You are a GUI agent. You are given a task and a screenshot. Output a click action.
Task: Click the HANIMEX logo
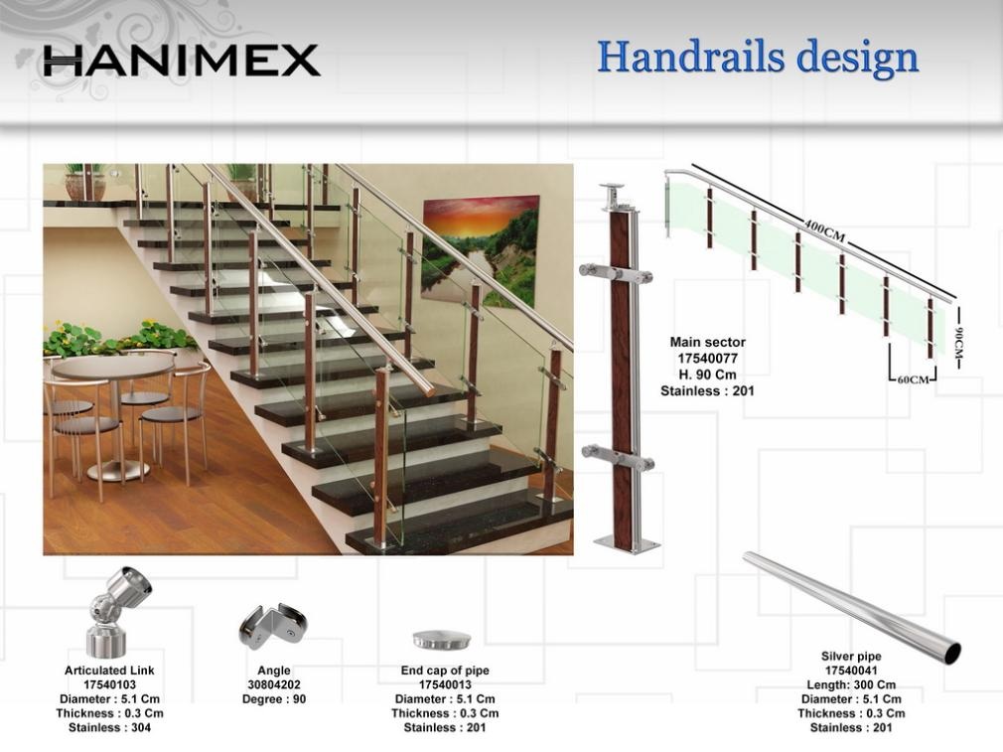point(182,61)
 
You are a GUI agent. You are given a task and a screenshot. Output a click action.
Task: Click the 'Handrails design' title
point(758,58)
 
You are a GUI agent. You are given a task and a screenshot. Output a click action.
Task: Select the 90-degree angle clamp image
point(272,627)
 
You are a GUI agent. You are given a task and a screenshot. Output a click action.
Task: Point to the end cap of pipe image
point(442,639)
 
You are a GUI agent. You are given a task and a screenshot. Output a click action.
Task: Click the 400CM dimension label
point(824,231)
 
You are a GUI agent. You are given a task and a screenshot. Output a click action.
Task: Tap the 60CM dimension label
point(913,379)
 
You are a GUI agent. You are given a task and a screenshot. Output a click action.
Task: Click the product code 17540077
point(707,359)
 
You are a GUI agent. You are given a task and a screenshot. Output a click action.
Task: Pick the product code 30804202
point(274,684)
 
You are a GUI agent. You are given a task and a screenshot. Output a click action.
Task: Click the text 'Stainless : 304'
point(109,728)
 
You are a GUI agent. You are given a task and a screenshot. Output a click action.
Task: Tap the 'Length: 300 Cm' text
point(851,684)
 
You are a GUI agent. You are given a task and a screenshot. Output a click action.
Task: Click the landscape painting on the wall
point(480,251)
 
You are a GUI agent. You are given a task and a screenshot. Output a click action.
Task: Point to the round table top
point(113,367)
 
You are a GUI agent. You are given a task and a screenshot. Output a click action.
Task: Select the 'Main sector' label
point(707,343)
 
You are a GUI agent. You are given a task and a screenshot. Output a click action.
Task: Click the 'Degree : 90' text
point(274,699)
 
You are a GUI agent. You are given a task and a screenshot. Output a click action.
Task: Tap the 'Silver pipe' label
point(851,656)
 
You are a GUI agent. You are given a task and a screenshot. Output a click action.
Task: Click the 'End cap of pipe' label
point(445,671)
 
